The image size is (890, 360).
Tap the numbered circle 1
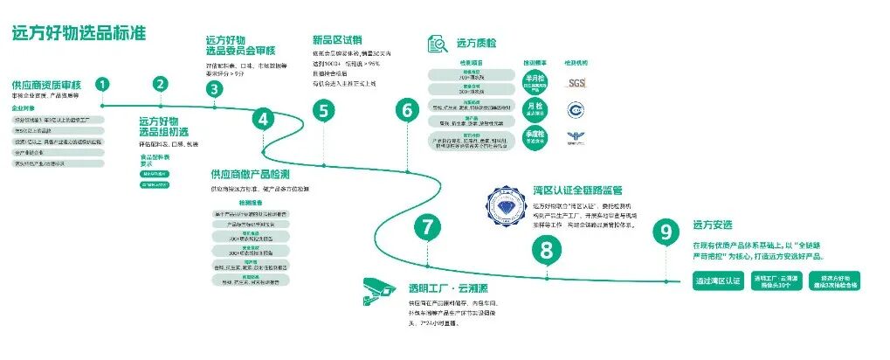pyautogui.click(x=103, y=85)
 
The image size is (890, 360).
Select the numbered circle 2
pyautogui.click(x=160, y=85)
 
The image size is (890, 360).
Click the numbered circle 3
pyautogui.click(x=214, y=88)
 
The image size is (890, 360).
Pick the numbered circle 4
pyautogui.click(x=263, y=119)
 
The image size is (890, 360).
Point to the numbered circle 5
pyautogui.click(x=324, y=111)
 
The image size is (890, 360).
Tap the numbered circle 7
pyautogui.click(x=427, y=228)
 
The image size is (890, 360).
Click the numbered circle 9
pyautogui.click(x=666, y=232)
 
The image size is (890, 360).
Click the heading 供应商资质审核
pyautogui.click(x=46, y=85)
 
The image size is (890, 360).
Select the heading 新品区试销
pyautogui.click(x=336, y=39)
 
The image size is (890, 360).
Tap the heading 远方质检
pyautogui.click(x=478, y=42)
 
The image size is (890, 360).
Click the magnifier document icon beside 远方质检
pyautogui.click(x=438, y=42)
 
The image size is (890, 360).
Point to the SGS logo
pyautogui.click(x=576, y=83)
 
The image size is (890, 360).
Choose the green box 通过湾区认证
pyautogui.click(x=717, y=281)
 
